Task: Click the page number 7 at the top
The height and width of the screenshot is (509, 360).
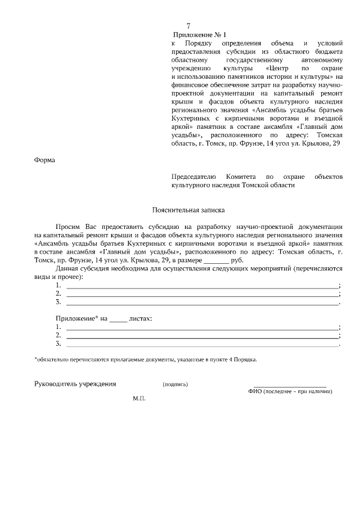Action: click(x=188, y=26)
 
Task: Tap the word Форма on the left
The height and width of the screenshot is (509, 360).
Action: click(x=45, y=160)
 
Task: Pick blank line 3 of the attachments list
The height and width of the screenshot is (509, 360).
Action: click(x=202, y=343)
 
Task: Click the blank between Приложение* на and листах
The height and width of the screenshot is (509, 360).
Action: click(x=118, y=318)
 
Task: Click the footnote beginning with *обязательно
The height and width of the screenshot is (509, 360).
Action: click(x=146, y=359)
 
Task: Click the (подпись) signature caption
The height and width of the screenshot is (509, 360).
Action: click(x=175, y=385)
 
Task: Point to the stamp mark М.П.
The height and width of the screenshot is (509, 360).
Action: click(x=139, y=398)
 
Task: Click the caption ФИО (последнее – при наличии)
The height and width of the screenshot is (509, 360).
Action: click(x=290, y=391)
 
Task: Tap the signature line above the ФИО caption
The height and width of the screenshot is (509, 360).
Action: click(x=290, y=386)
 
